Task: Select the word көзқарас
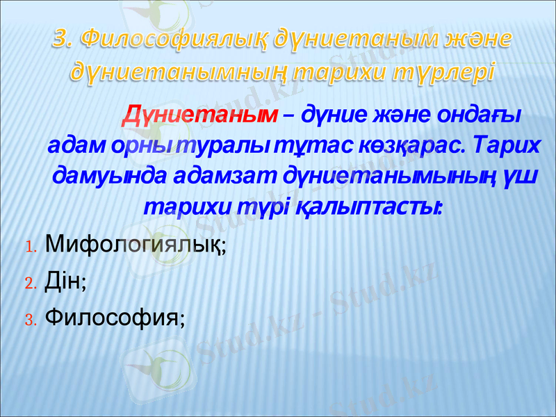[393, 146]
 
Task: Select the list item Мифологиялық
[136, 245]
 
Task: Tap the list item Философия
[114, 318]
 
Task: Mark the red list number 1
[30, 247]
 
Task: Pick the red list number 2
[30, 283]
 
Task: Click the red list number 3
[30, 319]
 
